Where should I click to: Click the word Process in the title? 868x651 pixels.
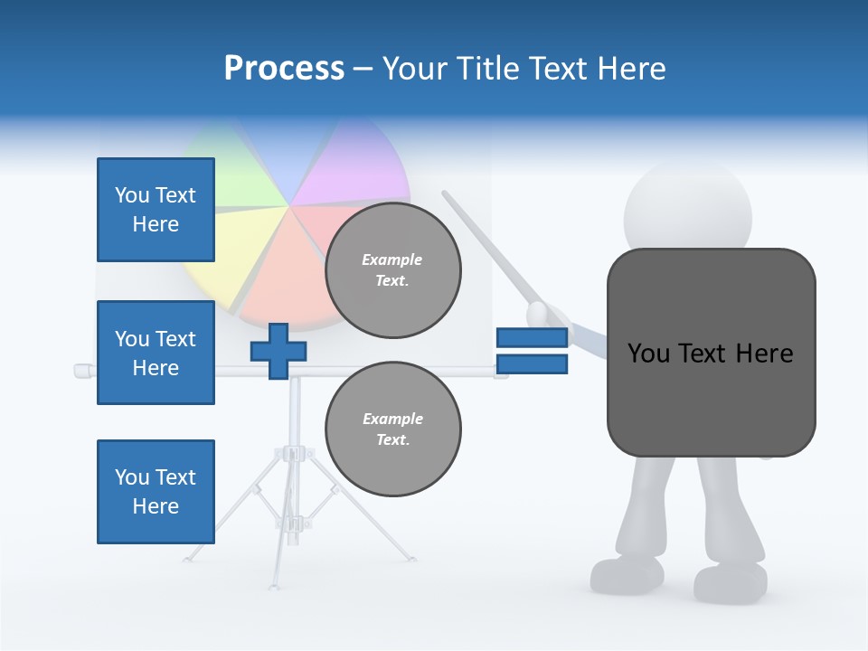284,69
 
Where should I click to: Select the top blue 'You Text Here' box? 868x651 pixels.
156,210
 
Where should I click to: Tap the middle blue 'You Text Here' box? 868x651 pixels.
156,353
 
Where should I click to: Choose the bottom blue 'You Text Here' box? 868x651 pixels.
156,492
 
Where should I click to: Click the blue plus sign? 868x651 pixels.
278,351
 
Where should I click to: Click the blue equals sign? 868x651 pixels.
532,351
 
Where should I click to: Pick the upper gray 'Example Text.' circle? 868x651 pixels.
393,270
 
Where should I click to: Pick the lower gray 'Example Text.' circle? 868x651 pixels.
393,429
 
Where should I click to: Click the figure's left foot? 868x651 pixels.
627,574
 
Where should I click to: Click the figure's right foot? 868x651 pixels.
731,583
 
